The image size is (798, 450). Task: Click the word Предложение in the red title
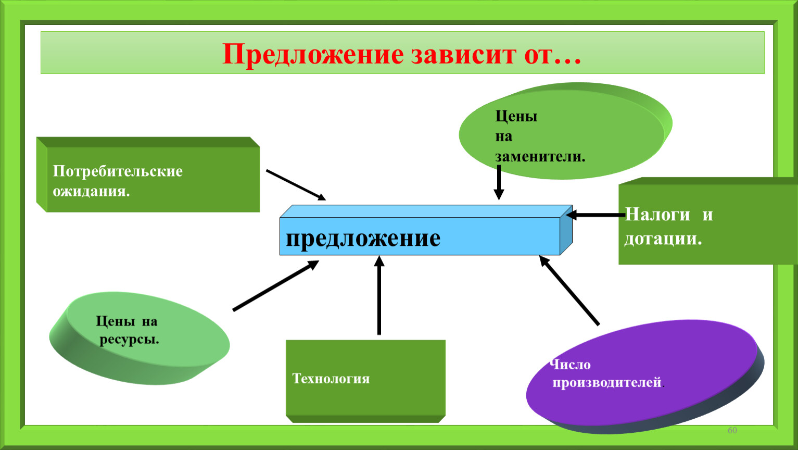point(313,55)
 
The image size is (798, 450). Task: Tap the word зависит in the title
point(463,55)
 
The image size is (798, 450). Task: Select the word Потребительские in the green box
point(118,171)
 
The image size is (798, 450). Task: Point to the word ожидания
point(91,192)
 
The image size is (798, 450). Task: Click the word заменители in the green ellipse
point(540,157)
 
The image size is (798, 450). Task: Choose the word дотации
point(663,239)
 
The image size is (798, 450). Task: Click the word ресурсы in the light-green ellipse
point(129,340)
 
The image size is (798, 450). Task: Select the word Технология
point(331,379)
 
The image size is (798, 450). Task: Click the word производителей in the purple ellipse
point(607,383)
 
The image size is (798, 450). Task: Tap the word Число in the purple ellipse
point(570,365)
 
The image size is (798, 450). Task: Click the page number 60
point(732,430)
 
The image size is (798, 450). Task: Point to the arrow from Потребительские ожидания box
point(296,185)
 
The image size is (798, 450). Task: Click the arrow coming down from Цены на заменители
point(499,182)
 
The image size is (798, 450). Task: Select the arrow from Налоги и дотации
point(596,215)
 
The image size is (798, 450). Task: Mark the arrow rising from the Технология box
point(379,295)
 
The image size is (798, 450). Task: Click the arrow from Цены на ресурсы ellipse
point(276,285)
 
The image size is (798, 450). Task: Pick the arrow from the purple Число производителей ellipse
point(569,290)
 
